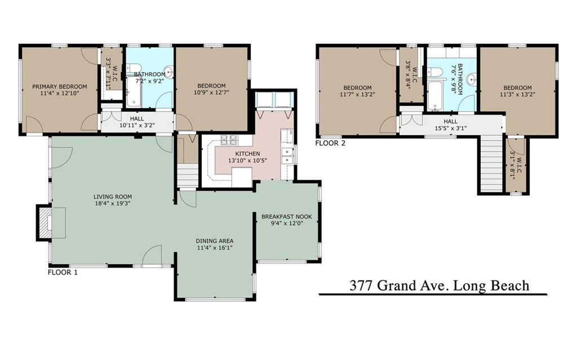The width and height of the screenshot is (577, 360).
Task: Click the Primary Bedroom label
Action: pos(60,87)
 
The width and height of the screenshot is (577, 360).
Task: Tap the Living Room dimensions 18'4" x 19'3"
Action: pos(112,203)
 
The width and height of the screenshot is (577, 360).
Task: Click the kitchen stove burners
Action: pos(230,140)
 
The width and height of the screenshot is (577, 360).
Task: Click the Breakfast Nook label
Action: pos(287,216)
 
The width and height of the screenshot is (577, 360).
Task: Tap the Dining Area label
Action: pos(215,241)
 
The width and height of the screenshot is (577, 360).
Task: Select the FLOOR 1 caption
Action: pos(63,273)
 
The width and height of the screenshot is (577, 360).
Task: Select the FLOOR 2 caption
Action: pos(330,143)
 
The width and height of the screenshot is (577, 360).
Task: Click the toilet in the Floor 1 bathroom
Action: pos(133,69)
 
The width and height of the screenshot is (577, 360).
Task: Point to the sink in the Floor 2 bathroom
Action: pos(472,79)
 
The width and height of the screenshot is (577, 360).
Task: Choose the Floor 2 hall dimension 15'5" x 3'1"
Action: pos(451,128)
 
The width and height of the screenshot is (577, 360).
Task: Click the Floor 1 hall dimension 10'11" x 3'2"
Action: pos(137,125)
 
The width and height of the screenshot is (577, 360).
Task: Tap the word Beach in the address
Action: pos(509,286)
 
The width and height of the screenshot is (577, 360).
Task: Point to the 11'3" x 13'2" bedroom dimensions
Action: pos(517,94)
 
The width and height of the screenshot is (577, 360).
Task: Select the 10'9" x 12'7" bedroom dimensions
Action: pos(212,92)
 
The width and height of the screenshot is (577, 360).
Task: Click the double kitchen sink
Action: pos(287,156)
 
